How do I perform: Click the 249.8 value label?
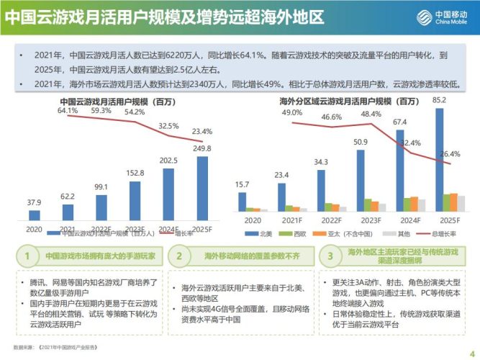202,148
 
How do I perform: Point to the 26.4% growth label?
449,153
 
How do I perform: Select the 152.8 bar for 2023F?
136,194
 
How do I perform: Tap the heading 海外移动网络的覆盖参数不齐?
244,255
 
